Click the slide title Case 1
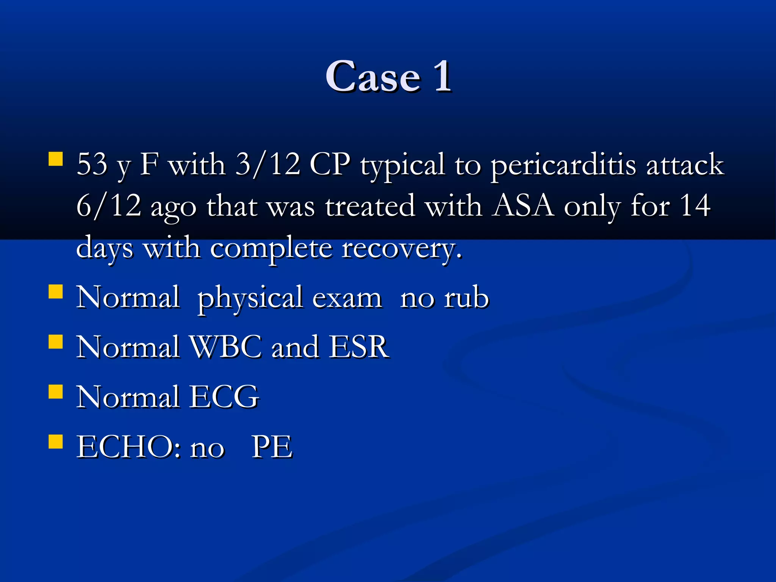pos(388,77)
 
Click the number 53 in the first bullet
pos(92,164)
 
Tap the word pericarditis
pos(563,165)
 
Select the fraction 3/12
pos(268,164)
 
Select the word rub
pos(466,298)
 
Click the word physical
pos(250,299)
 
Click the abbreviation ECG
pos(224,397)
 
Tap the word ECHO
pos(125,447)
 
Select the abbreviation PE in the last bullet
pos(272,447)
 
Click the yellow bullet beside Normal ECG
pos(56,392)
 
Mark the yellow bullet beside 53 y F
pos(56,159)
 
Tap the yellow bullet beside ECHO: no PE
pos(56,441)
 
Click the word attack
pos(685,164)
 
